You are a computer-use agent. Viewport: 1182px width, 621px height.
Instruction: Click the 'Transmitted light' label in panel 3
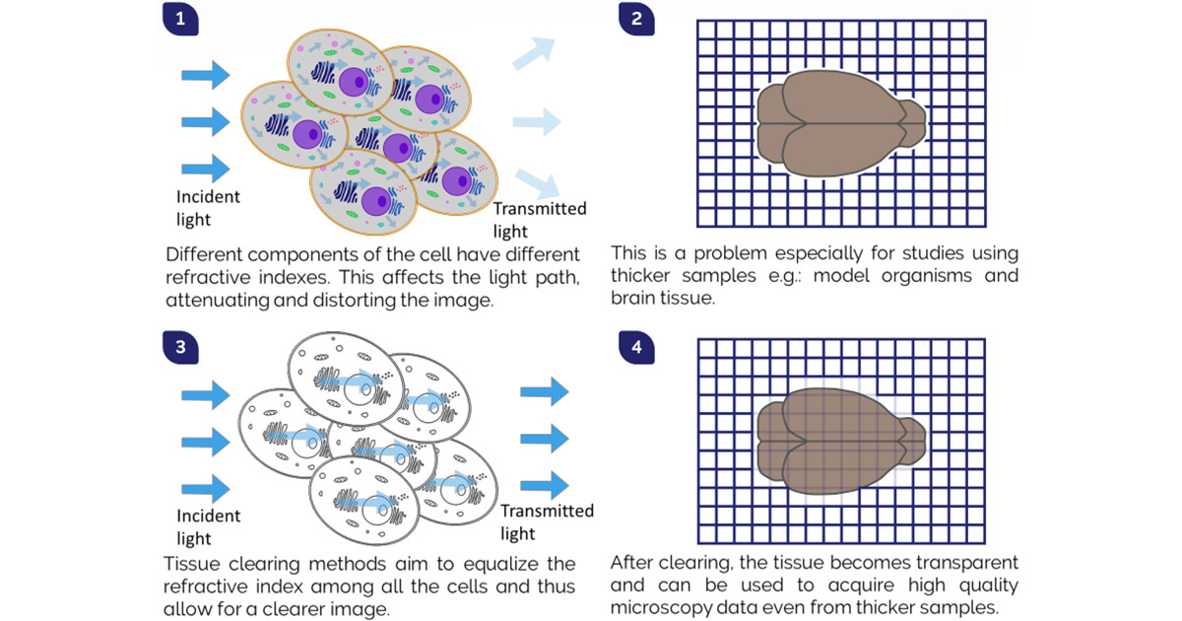point(547,521)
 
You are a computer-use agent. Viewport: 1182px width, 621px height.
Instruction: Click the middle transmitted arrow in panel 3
point(544,437)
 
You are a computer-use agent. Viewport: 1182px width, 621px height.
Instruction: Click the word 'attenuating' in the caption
point(218,300)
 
